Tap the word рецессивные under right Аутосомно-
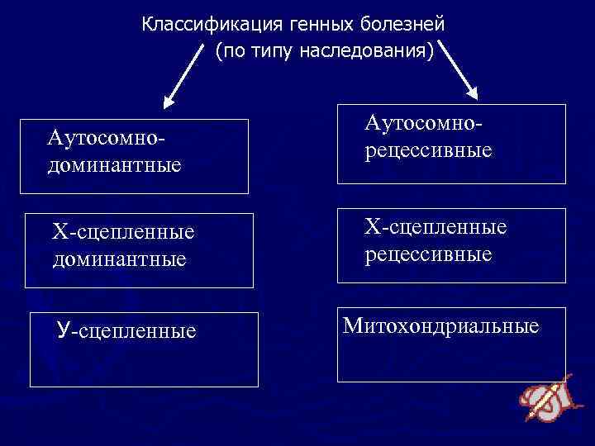(428, 151)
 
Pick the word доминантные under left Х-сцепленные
(119, 259)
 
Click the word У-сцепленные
(126, 331)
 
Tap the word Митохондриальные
(440, 325)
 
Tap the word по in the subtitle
(233, 51)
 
